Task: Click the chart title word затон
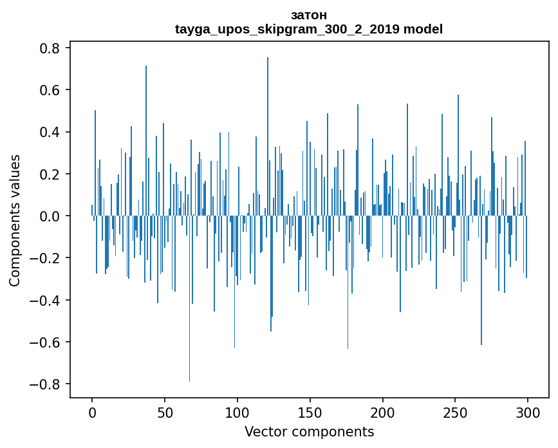coord(309,15)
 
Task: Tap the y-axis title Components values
coord(15,220)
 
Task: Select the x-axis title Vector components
coord(309,431)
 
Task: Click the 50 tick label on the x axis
coord(165,412)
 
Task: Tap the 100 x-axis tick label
coord(237,412)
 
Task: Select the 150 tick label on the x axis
coord(310,412)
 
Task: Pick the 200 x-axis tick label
coord(383,412)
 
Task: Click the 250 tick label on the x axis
coord(456,412)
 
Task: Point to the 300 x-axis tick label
coord(528,412)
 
